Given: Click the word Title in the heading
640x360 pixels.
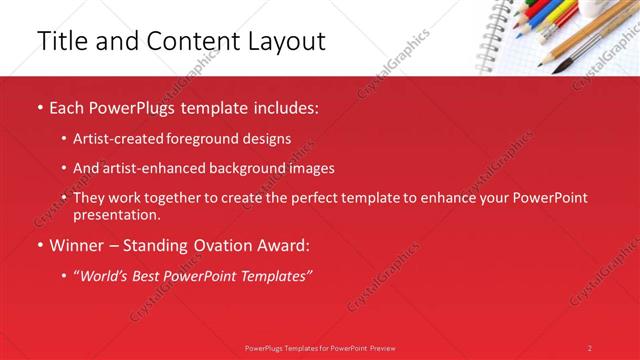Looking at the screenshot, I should (59, 41).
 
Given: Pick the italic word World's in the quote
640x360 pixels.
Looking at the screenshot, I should (109, 275).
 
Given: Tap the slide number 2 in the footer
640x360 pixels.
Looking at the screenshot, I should (590, 348).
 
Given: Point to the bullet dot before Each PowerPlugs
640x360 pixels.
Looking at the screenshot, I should (39, 107).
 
